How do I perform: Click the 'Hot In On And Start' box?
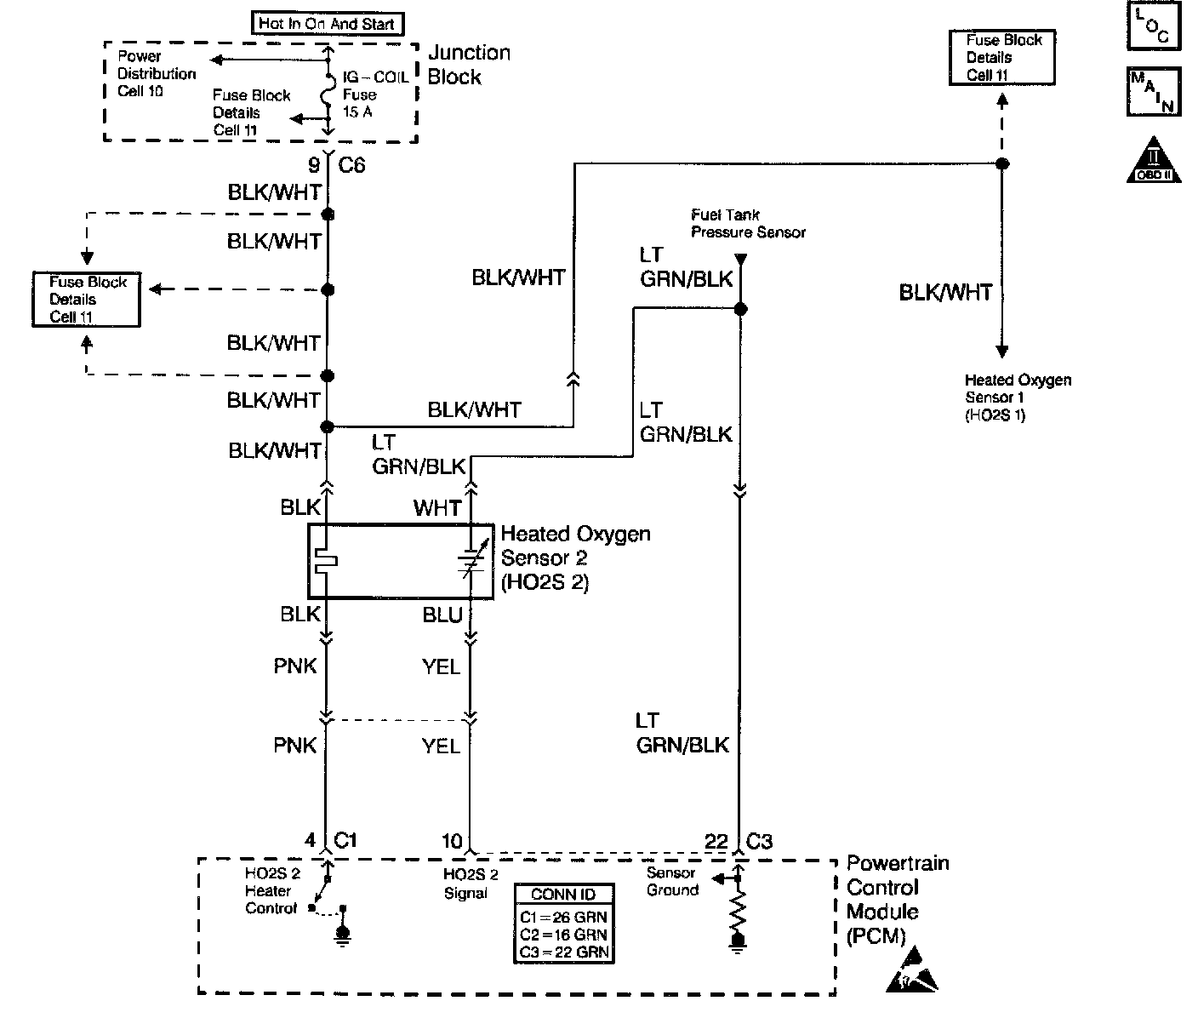327,23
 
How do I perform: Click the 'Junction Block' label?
469,65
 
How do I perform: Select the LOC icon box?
1154,26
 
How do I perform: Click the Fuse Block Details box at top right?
1002,57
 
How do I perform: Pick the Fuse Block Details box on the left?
86,299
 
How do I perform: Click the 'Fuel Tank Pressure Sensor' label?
748,223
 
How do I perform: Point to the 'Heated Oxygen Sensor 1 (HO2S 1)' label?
1018,397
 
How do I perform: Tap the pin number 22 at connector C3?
716,842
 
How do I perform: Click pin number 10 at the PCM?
451,842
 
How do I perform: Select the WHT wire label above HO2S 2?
437,508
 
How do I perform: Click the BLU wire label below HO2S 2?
442,615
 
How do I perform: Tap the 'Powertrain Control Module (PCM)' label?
897,899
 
